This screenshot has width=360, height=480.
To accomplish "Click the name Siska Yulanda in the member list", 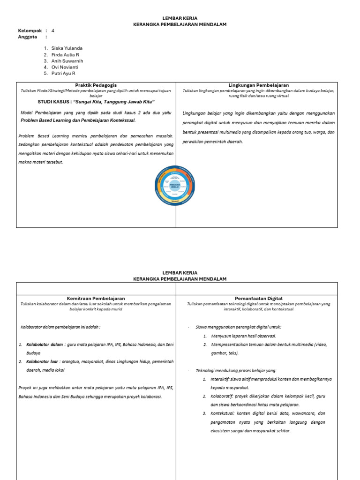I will pos(68,48).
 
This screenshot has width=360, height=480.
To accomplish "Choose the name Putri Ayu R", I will pos(63,74).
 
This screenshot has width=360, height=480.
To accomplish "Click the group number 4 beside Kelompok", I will pos(53,30).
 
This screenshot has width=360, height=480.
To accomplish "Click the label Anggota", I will pos(27,37).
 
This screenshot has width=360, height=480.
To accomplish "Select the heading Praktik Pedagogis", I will pos(96,85).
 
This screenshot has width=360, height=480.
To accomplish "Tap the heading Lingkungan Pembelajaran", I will pos(258,85).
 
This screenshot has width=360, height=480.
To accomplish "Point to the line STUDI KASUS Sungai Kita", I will pos(96,102).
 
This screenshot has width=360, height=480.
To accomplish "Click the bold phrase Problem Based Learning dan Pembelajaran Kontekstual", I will pos(78,120).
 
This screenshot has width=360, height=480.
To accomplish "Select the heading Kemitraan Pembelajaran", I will pos(96,298).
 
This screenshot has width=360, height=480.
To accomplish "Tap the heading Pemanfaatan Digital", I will pos(258,298).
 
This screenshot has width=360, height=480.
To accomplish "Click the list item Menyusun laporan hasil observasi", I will pos(243,336).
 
